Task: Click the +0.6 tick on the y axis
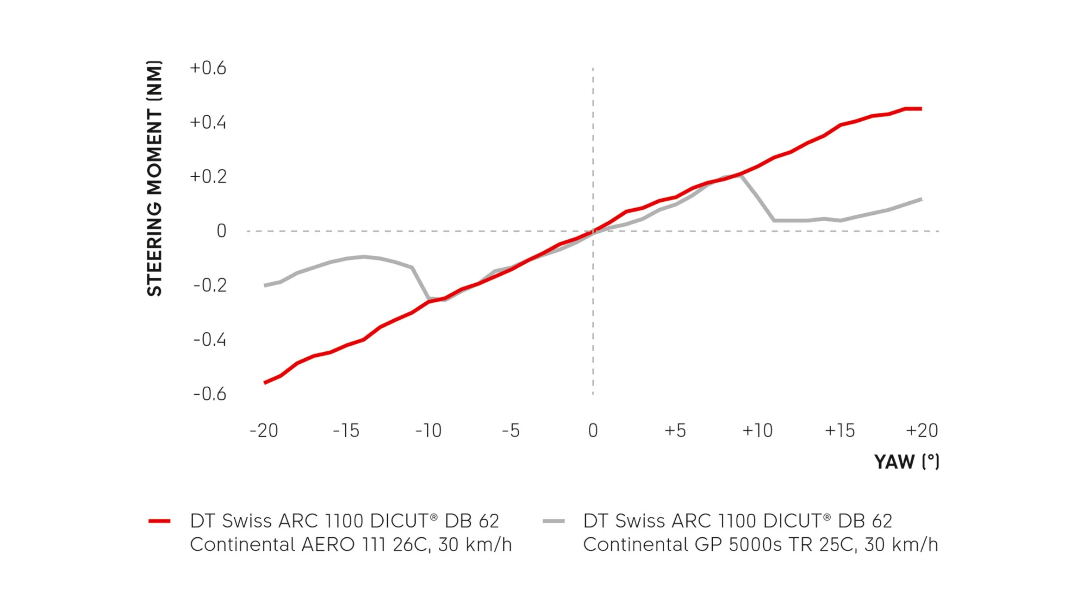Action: click(x=208, y=68)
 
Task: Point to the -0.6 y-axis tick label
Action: click(x=210, y=394)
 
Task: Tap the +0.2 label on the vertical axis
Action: click(x=208, y=177)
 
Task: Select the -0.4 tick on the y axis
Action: click(x=210, y=340)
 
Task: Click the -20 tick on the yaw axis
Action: click(x=264, y=431)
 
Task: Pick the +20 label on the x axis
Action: click(x=921, y=431)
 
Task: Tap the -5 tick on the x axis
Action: click(x=511, y=431)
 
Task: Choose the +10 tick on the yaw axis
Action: click(x=757, y=431)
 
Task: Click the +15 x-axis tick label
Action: click(x=840, y=431)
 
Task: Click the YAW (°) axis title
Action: click(x=906, y=462)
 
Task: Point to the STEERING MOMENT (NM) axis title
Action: click(x=155, y=179)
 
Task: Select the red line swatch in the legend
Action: click(x=159, y=521)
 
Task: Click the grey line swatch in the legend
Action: click(x=554, y=521)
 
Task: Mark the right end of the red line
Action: click(x=921, y=109)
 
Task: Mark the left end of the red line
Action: click(x=265, y=383)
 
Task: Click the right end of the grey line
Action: click(x=921, y=199)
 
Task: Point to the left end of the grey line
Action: click(x=265, y=286)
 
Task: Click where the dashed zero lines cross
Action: click(x=593, y=231)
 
